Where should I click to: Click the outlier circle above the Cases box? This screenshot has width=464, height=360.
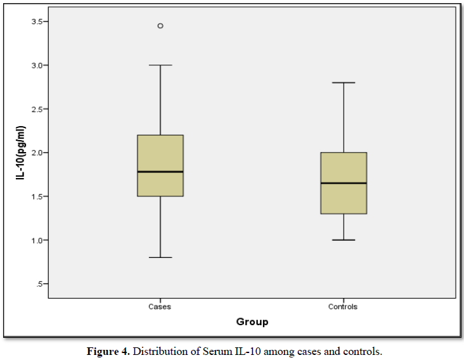[160, 26]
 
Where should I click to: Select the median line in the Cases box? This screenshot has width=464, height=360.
[160, 172]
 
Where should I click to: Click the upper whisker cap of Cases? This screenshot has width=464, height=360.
[160, 65]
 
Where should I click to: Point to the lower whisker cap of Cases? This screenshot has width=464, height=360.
[160, 257]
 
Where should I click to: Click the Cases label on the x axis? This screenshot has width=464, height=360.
[160, 307]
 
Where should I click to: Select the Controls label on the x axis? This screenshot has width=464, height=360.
[343, 307]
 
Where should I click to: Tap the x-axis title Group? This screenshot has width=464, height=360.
[252, 322]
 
